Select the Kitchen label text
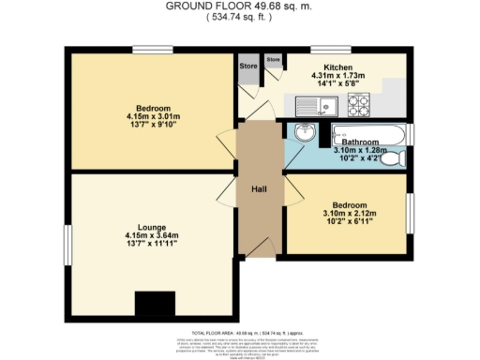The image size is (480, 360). click(x=337, y=67)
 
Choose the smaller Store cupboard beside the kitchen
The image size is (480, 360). click(x=273, y=62)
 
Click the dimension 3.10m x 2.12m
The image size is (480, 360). click(x=349, y=215)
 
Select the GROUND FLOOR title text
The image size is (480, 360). click(x=239, y=6)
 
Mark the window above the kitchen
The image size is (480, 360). click(x=331, y=49)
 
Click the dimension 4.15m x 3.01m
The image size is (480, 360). click(x=132, y=118)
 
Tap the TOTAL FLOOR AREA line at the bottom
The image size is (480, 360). click(x=239, y=334)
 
